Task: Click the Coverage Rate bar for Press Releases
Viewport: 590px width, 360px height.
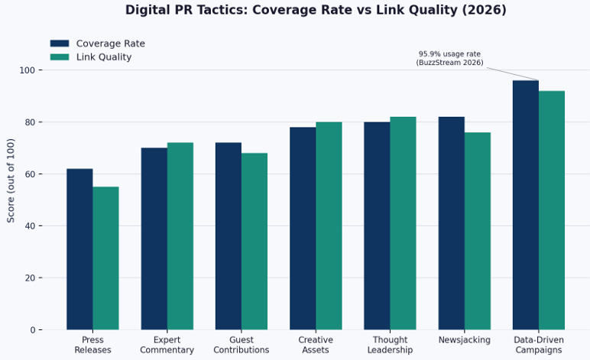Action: coord(79,249)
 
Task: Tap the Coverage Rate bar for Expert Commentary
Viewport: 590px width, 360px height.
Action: coord(154,238)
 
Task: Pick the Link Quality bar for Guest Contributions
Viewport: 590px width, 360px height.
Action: coord(254,242)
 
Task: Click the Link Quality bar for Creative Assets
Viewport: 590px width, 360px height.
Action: coord(329,225)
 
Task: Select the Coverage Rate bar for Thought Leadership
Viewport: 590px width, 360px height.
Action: coord(377,225)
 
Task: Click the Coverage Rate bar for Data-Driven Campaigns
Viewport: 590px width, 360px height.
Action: coord(526,205)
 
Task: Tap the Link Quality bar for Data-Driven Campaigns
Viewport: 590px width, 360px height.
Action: coord(552,210)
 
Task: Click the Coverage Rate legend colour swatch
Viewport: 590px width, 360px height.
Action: coord(60,44)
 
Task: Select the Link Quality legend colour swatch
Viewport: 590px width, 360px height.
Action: coord(60,57)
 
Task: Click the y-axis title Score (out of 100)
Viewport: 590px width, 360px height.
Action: coord(11,180)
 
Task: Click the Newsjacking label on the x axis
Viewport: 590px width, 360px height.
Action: coord(464,340)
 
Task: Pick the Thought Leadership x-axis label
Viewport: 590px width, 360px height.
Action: coord(390,345)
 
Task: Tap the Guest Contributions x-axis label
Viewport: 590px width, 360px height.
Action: coord(242,345)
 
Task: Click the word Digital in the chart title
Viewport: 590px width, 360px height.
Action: coord(147,10)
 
